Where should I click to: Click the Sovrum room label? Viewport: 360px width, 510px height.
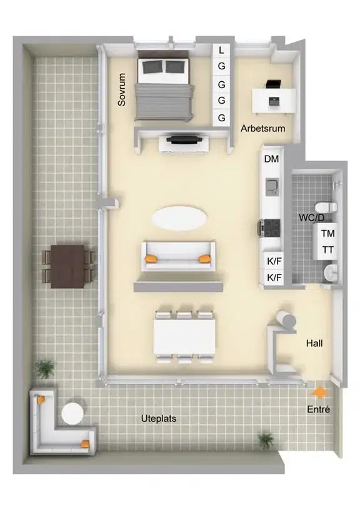(122, 89)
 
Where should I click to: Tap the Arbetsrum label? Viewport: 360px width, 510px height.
(262, 129)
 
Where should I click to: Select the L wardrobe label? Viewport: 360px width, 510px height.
(221, 50)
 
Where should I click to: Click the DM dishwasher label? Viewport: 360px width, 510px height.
(271, 159)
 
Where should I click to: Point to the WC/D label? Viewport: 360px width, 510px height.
(311, 217)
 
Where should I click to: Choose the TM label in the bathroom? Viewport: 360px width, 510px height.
(327, 233)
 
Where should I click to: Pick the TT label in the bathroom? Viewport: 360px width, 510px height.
(327, 250)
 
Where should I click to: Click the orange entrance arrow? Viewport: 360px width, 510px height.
(319, 392)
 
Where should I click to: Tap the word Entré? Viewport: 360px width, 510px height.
(318, 409)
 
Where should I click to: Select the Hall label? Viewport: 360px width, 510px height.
(314, 343)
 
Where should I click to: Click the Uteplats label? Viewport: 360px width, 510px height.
(159, 419)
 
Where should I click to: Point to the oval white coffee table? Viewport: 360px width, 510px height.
(179, 217)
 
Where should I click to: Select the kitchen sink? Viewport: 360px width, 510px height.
(272, 187)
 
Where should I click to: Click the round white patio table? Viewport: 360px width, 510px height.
(72, 413)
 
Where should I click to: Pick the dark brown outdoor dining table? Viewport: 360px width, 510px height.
(67, 266)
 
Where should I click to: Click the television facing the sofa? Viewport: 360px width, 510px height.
(184, 139)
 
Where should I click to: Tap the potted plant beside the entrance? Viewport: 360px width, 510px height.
(266, 441)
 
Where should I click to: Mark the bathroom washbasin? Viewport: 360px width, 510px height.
(331, 272)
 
